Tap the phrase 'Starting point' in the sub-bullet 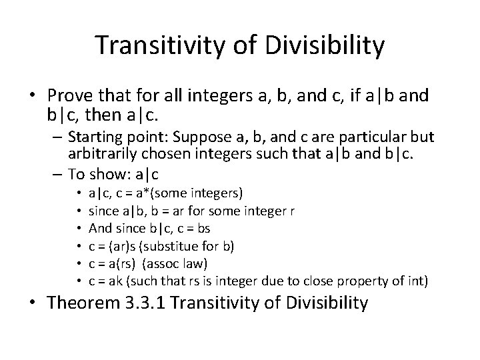tap(108, 137)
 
